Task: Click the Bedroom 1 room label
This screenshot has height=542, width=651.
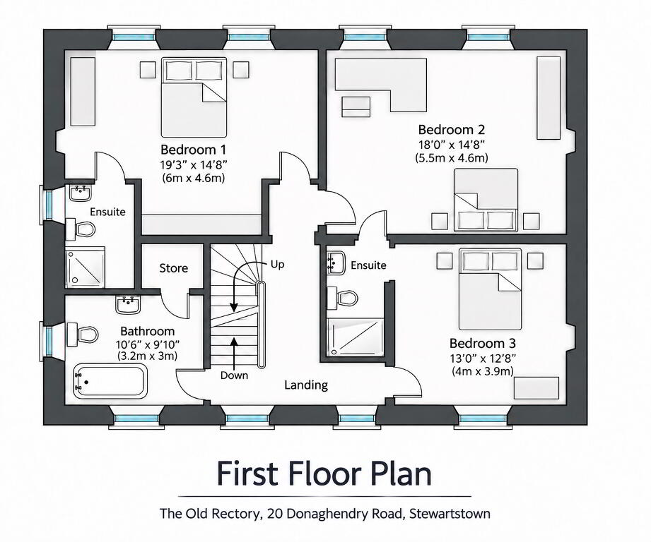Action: pyautogui.click(x=194, y=149)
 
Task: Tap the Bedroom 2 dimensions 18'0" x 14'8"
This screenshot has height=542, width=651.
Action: pyautogui.click(x=451, y=144)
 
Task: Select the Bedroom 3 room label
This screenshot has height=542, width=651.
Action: pyautogui.click(x=483, y=343)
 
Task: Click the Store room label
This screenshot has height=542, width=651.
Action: pyautogui.click(x=174, y=268)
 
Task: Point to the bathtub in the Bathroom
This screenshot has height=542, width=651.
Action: pyautogui.click(x=110, y=380)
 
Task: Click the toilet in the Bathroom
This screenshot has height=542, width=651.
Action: pyautogui.click(x=82, y=334)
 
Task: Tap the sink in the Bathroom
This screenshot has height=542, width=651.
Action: pyautogui.click(x=128, y=305)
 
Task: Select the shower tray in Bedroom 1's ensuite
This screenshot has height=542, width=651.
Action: pyautogui.click(x=85, y=267)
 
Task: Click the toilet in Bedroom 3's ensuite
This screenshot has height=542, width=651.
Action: pyautogui.click(x=342, y=297)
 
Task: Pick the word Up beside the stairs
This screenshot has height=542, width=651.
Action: pyautogui.click(x=277, y=265)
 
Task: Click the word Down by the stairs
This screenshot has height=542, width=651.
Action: pyautogui.click(x=234, y=375)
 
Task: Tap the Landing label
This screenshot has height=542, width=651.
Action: pyautogui.click(x=306, y=385)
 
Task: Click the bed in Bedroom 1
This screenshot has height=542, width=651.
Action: pyautogui.click(x=194, y=97)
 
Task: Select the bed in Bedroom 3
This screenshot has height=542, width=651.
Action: pyautogui.click(x=490, y=289)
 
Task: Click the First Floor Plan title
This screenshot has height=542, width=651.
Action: pyautogui.click(x=324, y=474)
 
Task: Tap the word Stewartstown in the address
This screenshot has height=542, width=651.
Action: pyautogui.click(x=450, y=514)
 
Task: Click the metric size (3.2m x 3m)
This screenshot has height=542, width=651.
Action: pyautogui.click(x=148, y=356)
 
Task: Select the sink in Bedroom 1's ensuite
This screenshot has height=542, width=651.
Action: pyautogui.click(x=80, y=193)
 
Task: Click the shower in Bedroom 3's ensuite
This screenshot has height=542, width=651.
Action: pyautogui.click(x=356, y=337)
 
